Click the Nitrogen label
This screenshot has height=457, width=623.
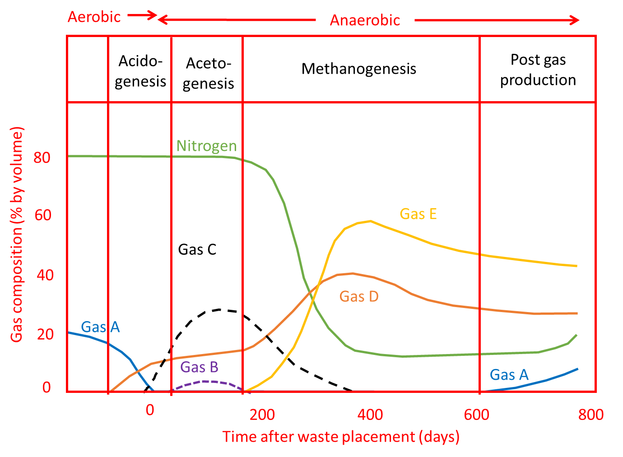tap(206, 145)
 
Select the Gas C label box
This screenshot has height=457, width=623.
tap(206, 249)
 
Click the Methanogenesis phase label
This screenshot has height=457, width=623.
tap(359, 69)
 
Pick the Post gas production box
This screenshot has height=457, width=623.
tap(538, 70)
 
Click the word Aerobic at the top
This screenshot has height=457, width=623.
tap(94, 17)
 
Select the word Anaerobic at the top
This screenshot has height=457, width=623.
tap(365, 20)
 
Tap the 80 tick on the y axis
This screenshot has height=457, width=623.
tap(42, 158)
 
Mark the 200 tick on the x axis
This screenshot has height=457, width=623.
tap(262, 414)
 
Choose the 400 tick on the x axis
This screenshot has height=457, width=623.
tap(370, 414)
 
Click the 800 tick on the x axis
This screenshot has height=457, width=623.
tap(590, 414)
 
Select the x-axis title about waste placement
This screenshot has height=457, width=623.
tap(341, 437)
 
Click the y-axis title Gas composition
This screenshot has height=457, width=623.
tap(16, 234)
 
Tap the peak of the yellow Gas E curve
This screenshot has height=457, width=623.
tap(370, 221)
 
